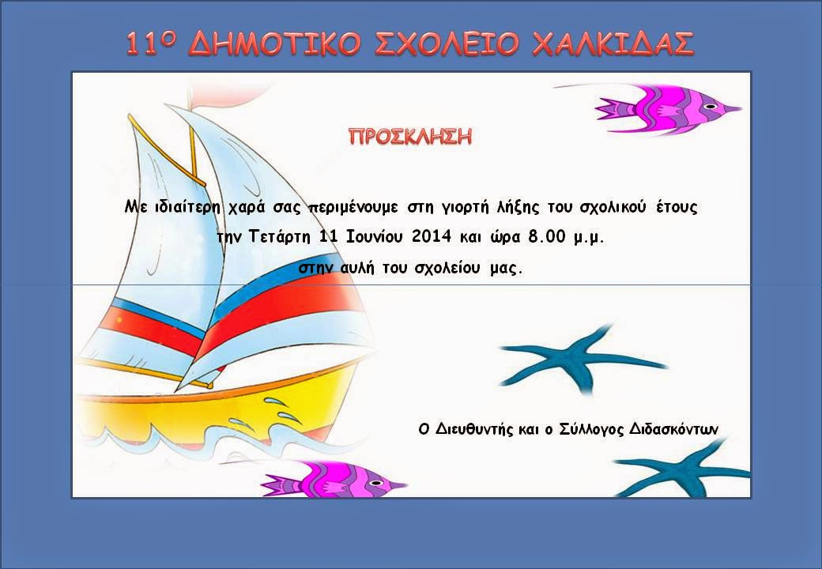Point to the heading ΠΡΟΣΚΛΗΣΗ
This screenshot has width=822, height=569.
pos(410,136)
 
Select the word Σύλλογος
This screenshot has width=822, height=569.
pos(586,429)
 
